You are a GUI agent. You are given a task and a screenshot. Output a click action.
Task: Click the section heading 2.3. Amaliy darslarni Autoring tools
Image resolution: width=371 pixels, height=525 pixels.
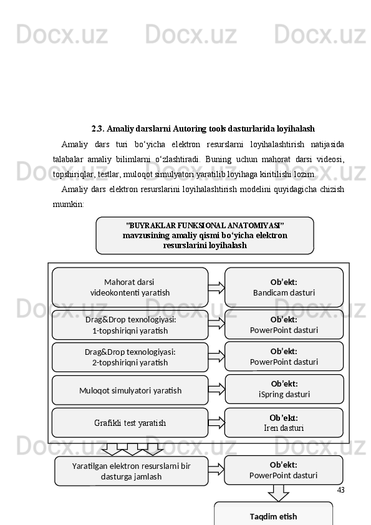[x=203, y=129]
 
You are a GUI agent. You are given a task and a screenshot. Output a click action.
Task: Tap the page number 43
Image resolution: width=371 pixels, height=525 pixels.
[x=340, y=490]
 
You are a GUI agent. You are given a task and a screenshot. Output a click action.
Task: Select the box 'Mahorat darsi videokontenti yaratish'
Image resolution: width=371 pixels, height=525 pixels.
[x=130, y=287]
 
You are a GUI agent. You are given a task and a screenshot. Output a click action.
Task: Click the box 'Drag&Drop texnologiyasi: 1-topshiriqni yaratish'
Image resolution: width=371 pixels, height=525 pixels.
[x=130, y=325]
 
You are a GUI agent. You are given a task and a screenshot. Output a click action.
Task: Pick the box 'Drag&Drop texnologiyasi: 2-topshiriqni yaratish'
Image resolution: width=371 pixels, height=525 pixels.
[x=130, y=357]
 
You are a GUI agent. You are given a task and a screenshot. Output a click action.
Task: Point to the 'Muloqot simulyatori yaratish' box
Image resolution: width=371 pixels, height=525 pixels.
[x=130, y=390]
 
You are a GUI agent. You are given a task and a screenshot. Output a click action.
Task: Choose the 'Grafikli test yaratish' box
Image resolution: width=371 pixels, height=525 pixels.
[x=130, y=423]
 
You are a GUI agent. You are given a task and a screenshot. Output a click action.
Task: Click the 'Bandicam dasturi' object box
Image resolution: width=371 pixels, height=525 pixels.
[x=284, y=287]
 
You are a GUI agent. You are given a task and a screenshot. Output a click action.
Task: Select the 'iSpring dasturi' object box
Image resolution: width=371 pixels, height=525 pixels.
[x=284, y=389]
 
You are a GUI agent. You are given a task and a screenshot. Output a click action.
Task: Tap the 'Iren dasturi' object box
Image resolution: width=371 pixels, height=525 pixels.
[x=284, y=423]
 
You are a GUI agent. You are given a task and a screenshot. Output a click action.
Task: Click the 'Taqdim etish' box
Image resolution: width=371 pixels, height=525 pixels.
[x=273, y=516]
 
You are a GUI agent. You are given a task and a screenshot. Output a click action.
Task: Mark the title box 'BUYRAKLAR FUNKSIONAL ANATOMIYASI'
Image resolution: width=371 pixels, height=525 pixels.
[x=205, y=235]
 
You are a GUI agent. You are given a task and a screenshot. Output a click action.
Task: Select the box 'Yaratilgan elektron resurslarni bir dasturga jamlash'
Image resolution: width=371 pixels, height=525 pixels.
[x=131, y=471]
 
